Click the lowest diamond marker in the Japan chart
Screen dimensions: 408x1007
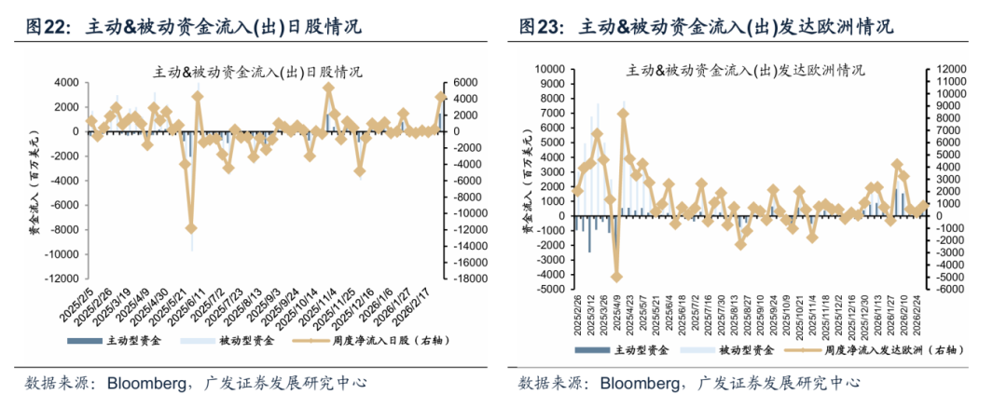[191, 227]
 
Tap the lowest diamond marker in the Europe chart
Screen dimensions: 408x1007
[616, 277]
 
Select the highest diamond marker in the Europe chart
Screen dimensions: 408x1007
[623, 115]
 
